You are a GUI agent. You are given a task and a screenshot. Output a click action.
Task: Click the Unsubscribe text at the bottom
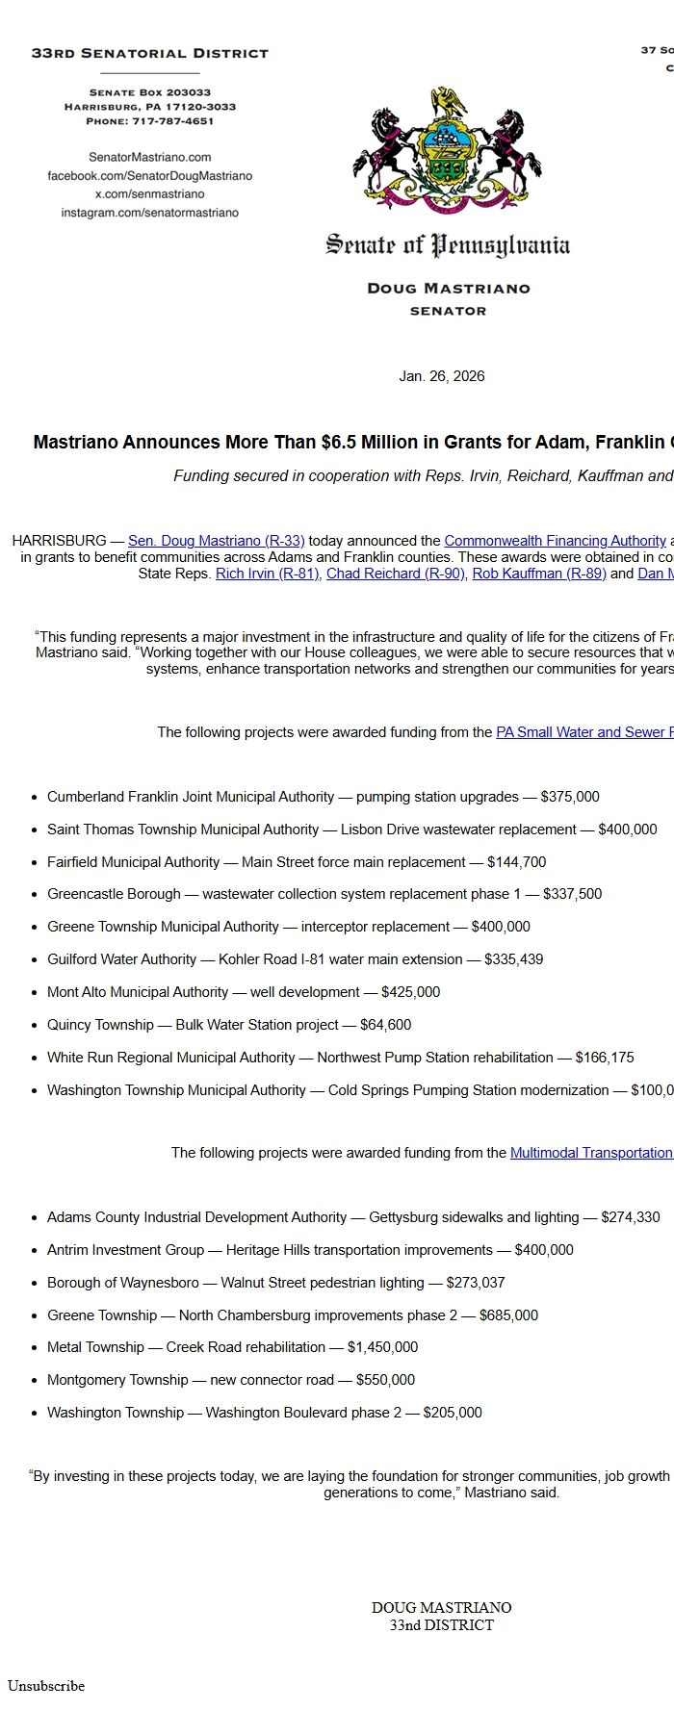46,1685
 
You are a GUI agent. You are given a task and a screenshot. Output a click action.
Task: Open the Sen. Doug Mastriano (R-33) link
216,541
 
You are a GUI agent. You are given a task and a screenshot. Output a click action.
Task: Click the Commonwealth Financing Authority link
555,541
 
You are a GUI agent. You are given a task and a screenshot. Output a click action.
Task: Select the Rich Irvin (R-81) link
267,574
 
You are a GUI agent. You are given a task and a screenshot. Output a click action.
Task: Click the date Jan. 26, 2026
441,376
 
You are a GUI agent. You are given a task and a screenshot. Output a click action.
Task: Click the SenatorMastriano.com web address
149,157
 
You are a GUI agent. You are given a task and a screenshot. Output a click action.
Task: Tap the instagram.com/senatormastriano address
149,213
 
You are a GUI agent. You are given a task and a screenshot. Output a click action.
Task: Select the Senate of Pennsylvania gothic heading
448,245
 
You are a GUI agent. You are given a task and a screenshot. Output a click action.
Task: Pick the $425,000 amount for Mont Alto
410,992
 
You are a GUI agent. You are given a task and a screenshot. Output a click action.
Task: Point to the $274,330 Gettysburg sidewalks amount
630,1217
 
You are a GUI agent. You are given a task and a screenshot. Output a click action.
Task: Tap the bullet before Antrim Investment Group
35,1251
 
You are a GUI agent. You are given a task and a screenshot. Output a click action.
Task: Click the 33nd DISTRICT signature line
441,1625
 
